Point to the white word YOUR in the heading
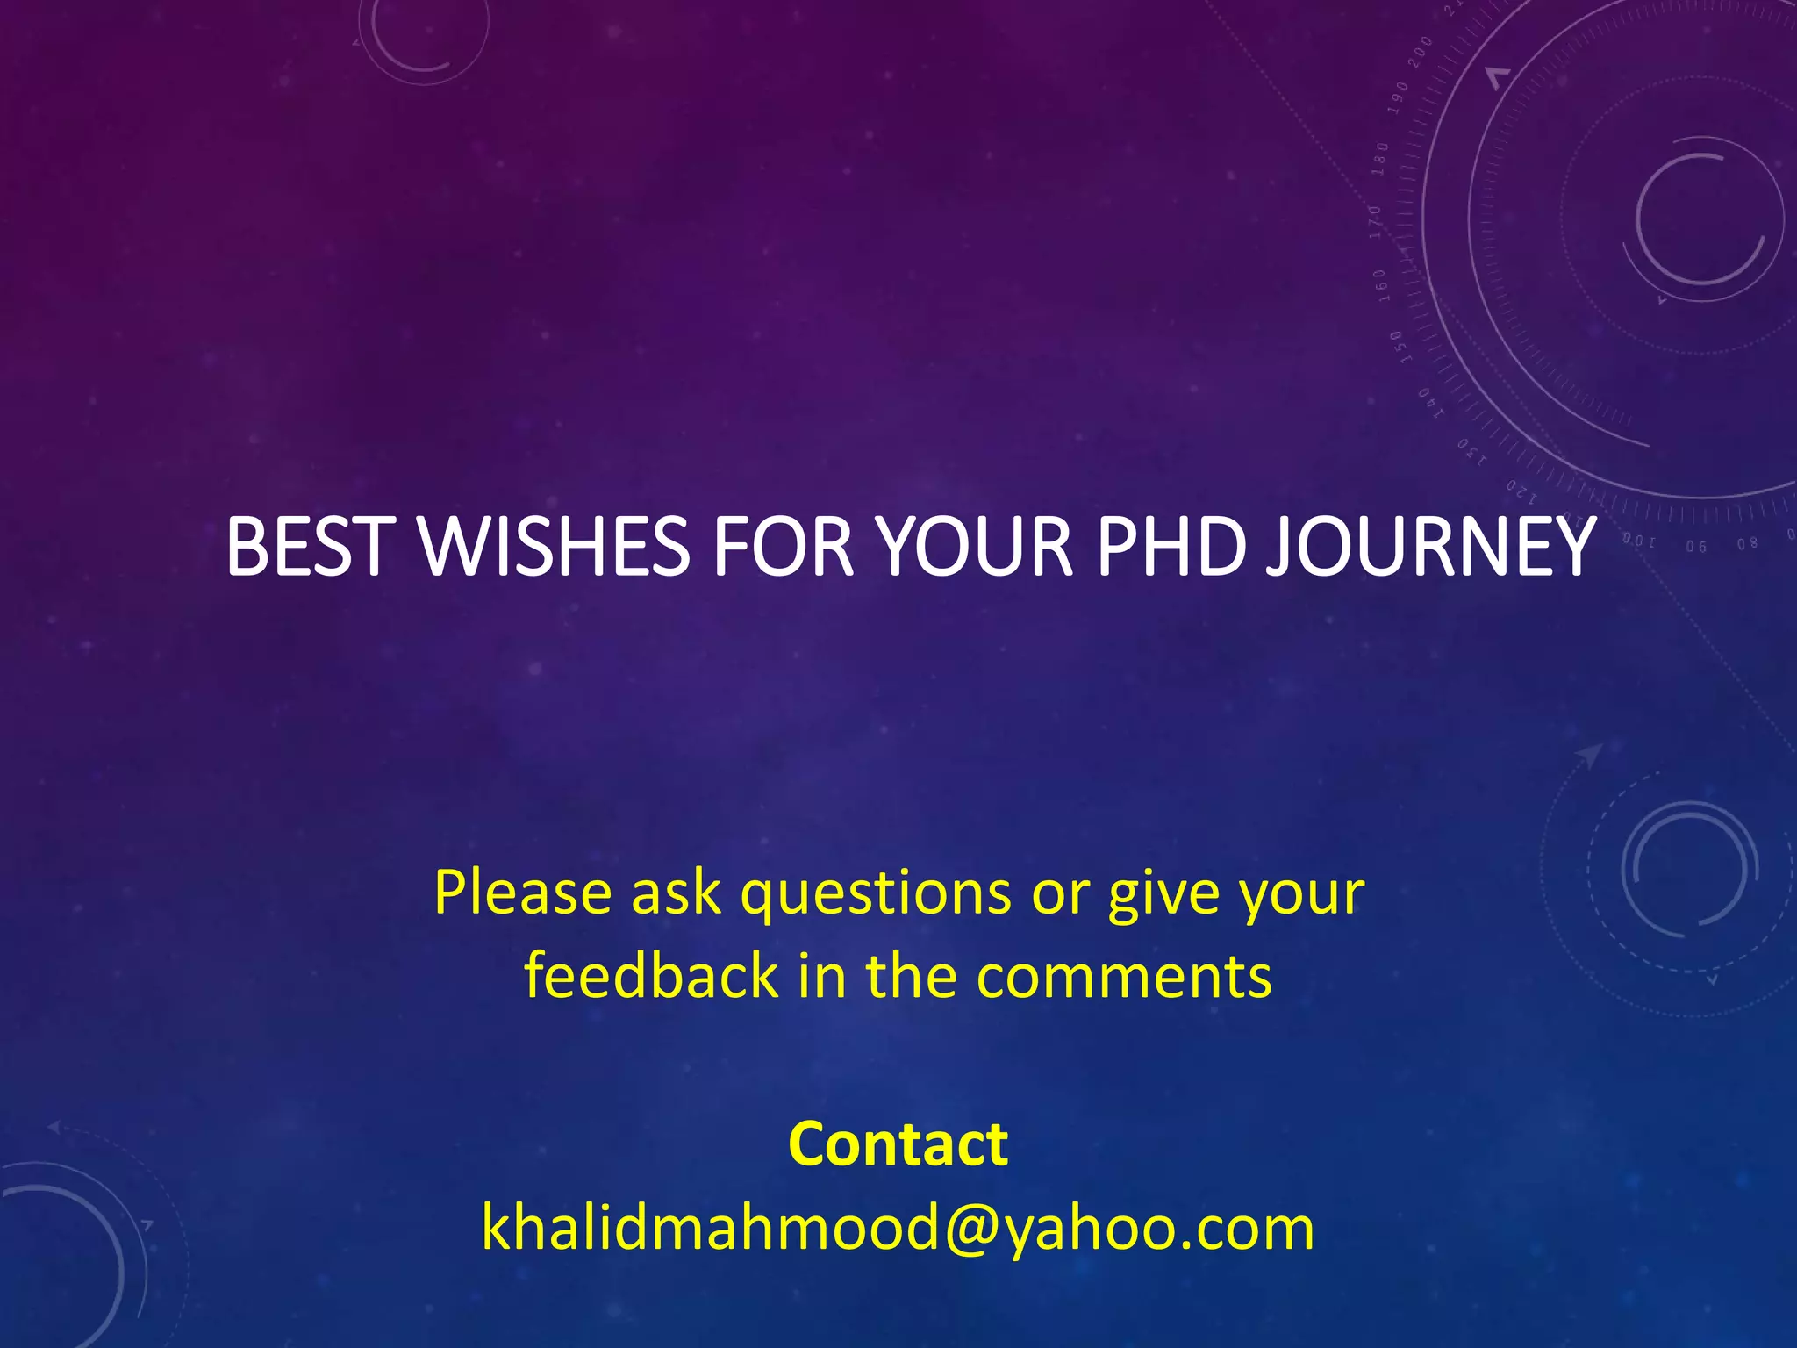click(x=977, y=548)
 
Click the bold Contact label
click(x=898, y=1144)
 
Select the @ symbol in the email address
click(x=970, y=1229)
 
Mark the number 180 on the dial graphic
click(x=1381, y=159)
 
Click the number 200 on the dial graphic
click(x=1421, y=54)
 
